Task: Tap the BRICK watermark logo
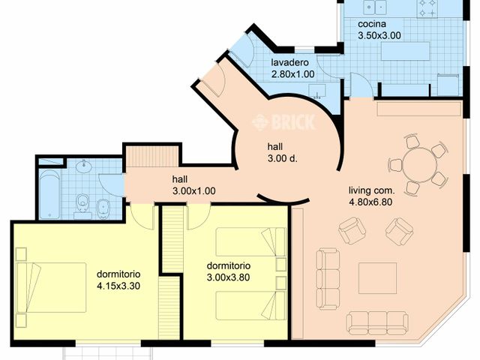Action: tap(284, 121)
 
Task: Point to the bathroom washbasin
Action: tap(83, 166)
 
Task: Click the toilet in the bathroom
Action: tap(84, 205)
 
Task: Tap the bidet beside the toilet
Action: tap(103, 206)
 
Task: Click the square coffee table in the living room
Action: tap(377, 277)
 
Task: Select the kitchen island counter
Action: tap(405, 51)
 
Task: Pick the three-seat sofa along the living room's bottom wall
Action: tap(377, 323)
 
